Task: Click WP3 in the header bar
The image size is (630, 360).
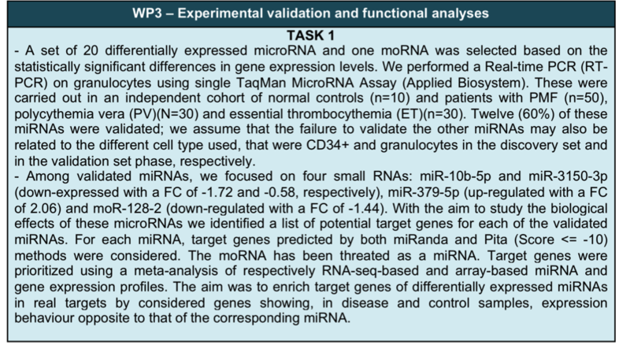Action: [147, 13]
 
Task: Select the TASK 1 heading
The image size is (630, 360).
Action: [310, 35]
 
